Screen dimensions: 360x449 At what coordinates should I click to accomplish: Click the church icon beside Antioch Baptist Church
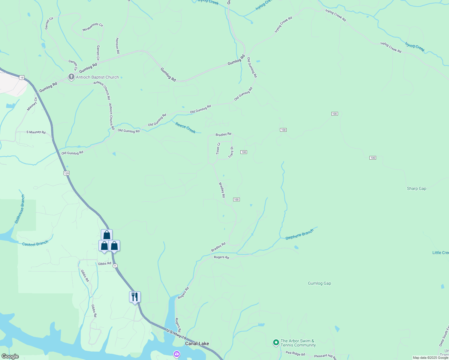point(71,77)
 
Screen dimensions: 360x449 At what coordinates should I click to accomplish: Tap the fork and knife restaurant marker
point(135,297)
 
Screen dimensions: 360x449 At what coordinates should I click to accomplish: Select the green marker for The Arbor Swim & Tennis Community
point(276,342)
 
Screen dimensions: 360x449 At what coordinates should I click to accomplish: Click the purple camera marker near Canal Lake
point(177,354)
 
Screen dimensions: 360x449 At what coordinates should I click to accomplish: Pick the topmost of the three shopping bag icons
point(107,235)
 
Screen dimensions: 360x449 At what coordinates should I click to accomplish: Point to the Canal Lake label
point(197,343)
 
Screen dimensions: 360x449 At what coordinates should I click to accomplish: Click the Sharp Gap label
point(416,188)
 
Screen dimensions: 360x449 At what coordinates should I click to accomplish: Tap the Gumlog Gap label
point(319,283)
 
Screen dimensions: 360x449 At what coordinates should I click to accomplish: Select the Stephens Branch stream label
point(299,234)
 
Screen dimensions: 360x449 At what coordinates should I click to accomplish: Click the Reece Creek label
point(185,128)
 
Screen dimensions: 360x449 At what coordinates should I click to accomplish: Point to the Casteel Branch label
point(35,244)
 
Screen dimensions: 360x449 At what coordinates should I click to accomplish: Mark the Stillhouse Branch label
point(20,209)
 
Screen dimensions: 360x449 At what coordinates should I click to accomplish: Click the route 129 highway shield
point(66,173)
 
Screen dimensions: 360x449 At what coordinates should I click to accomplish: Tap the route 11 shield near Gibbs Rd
point(115,266)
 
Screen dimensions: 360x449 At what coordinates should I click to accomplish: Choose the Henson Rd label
point(117,46)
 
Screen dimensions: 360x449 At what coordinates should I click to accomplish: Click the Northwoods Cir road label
point(93,27)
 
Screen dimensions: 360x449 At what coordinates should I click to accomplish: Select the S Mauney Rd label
point(36,132)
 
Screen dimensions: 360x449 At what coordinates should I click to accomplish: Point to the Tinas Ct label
point(218,148)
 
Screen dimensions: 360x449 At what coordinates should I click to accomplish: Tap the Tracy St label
point(231,152)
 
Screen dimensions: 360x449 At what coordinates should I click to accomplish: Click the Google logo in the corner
point(10,356)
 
